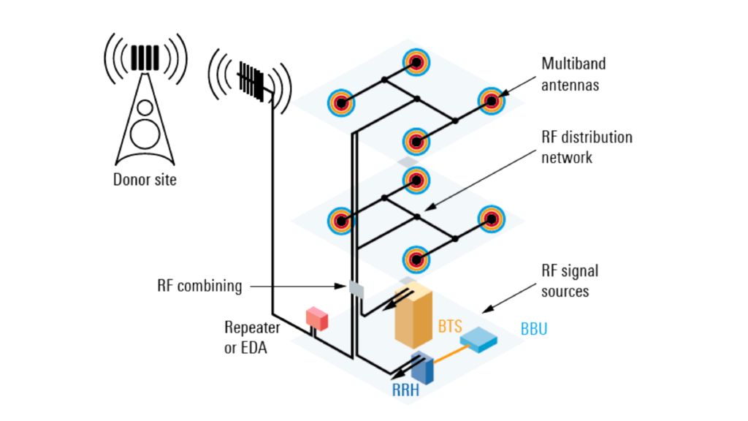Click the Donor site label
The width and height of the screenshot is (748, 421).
(x=145, y=179)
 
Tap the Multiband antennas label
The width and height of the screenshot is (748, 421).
(x=573, y=74)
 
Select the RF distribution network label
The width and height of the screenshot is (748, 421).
(x=587, y=147)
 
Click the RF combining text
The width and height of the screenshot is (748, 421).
(x=199, y=286)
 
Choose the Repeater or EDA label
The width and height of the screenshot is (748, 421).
(x=251, y=338)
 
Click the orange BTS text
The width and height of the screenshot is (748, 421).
(x=450, y=327)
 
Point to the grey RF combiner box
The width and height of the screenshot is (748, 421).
(x=356, y=288)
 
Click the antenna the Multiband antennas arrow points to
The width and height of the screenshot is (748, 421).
(x=491, y=101)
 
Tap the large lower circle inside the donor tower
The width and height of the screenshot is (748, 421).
(x=145, y=134)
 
